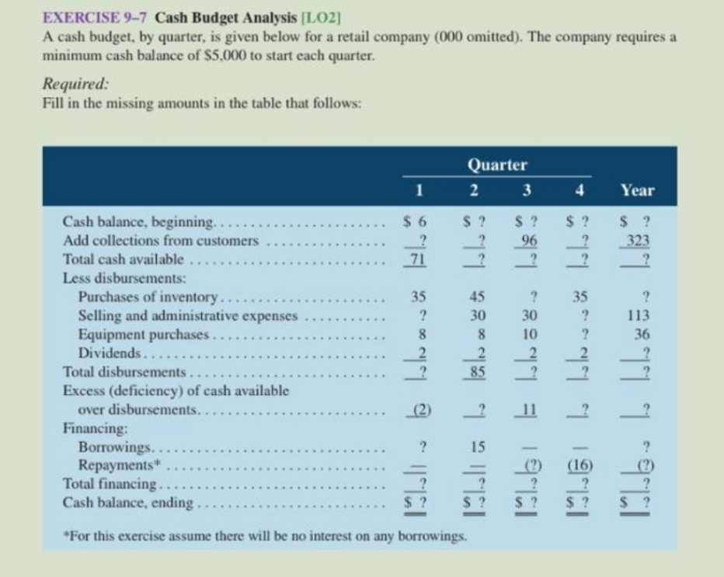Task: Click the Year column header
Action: [638, 189]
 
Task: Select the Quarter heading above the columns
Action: [498, 165]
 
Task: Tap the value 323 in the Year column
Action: [637, 241]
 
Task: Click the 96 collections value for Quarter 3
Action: [528, 241]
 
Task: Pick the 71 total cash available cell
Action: [418, 259]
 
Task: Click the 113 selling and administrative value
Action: [637, 316]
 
